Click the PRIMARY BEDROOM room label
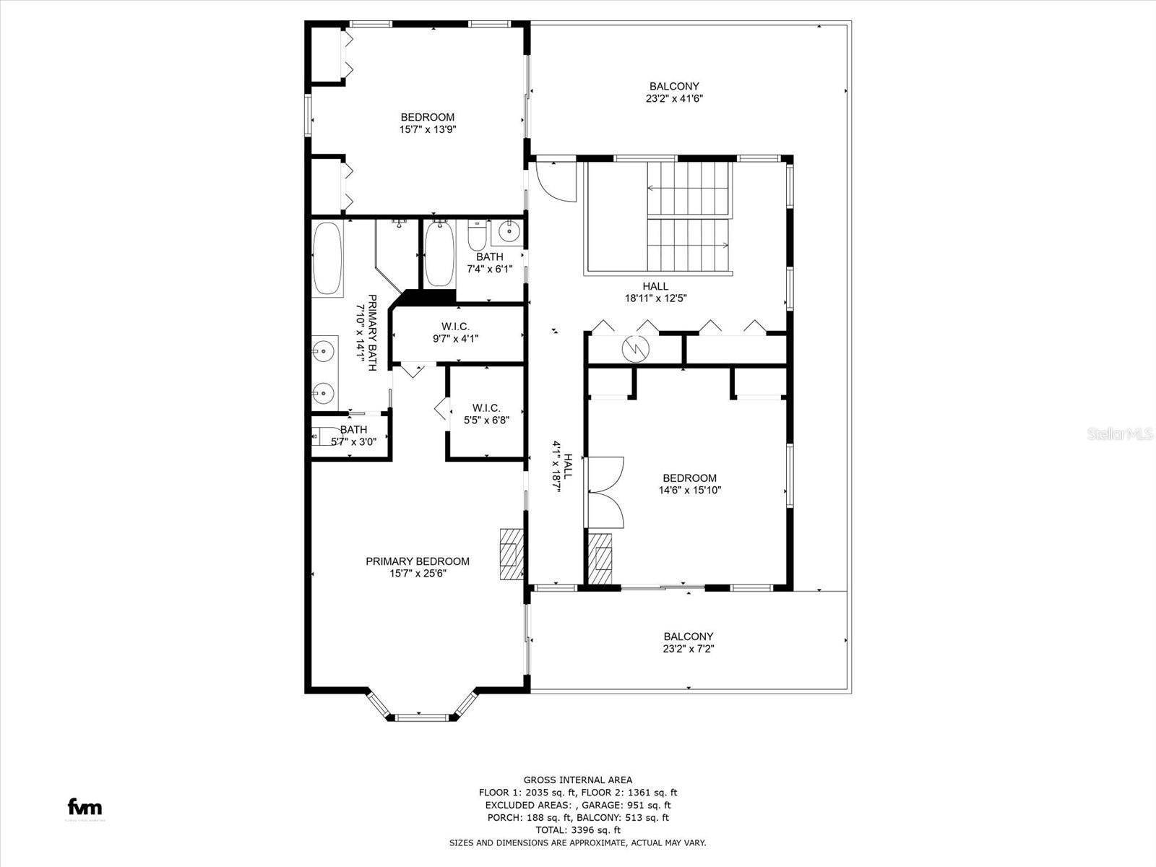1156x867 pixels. [x=417, y=561]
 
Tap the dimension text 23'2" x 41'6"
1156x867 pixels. [x=673, y=99]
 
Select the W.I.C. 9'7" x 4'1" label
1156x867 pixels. [x=455, y=332]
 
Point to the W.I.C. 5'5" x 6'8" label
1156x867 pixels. [x=486, y=413]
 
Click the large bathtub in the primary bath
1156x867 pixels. [x=327, y=258]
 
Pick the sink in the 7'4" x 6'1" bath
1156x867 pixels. [x=509, y=232]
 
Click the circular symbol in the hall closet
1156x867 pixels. [x=637, y=349]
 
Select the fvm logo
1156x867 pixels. [x=85, y=807]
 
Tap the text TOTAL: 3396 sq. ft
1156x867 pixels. [x=577, y=830]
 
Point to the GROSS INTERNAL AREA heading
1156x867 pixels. [x=577, y=780]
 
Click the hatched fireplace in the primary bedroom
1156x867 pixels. [x=511, y=553]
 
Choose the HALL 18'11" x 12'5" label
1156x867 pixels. [x=655, y=292]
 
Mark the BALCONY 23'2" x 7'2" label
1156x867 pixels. [x=688, y=642]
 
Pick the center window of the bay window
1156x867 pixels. [x=422, y=717]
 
